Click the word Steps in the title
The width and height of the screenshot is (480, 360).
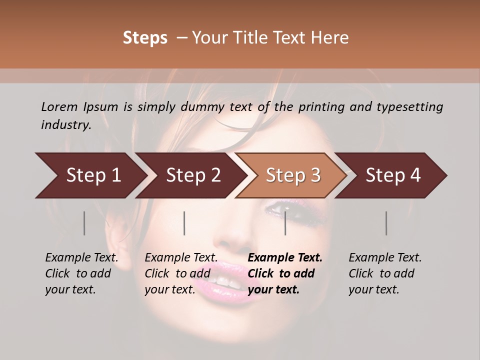(145, 38)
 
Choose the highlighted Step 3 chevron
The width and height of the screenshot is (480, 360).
(292, 175)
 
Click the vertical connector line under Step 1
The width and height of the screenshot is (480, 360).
(84, 223)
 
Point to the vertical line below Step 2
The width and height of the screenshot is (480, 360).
(184, 223)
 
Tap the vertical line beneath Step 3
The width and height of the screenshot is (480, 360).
(285, 223)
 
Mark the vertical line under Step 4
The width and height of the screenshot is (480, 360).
(386, 223)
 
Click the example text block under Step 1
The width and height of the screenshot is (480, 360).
(81, 273)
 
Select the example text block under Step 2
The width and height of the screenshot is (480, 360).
(181, 273)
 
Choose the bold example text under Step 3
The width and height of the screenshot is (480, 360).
(285, 273)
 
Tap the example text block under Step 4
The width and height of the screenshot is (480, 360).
(385, 273)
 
